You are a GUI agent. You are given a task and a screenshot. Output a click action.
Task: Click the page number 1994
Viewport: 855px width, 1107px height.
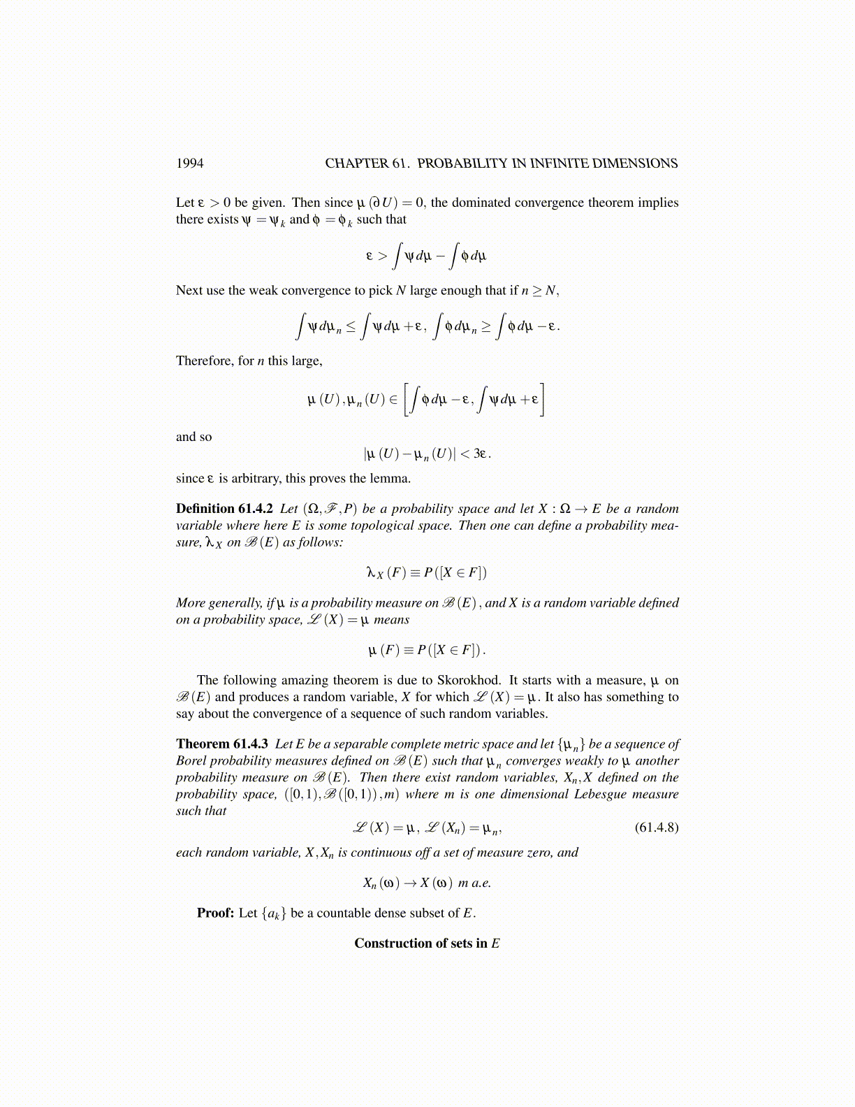(x=189, y=164)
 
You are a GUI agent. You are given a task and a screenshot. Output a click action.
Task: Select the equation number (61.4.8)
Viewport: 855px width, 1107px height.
(x=656, y=827)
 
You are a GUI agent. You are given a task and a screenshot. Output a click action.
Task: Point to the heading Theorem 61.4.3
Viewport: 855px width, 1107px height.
(x=222, y=744)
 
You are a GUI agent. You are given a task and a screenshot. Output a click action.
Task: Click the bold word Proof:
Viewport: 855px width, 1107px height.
(x=215, y=913)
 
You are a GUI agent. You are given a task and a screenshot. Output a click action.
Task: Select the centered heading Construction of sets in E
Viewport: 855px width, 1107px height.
(x=427, y=943)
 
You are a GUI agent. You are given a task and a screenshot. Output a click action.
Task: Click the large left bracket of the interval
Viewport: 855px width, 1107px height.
(x=408, y=400)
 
